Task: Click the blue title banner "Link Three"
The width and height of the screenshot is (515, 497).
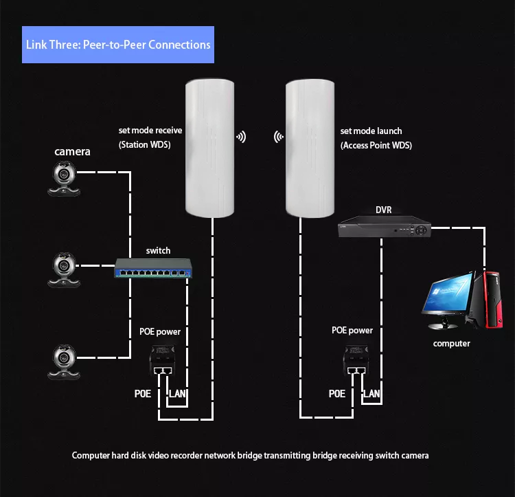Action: click(118, 45)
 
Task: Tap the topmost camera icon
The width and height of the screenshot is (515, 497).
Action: click(64, 179)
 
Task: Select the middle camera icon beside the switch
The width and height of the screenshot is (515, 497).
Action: click(64, 270)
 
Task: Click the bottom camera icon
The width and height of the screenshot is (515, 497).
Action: click(64, 362)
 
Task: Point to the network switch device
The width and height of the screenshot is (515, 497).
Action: click(153, 268)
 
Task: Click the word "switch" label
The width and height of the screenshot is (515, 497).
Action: click(158, 250)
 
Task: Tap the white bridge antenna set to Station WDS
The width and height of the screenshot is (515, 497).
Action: click(209, 148)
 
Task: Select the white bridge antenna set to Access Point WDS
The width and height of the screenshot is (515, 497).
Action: click(310, 148)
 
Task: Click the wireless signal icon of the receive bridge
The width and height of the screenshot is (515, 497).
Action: click(241, 137)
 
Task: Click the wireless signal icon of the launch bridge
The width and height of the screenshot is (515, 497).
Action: click(279, 137)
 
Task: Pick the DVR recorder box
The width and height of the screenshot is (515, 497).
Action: click(385, 226)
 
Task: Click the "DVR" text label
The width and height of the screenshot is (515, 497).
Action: click(384, 210)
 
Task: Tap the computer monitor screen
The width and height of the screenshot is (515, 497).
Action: click(448, 295)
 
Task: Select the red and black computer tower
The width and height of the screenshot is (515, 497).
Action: click(491, 300)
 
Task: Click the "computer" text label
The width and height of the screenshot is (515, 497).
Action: click(451, 344)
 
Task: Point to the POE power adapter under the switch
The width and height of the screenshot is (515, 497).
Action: click(162, 360)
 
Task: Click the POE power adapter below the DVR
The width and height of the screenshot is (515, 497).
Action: click(356, 360)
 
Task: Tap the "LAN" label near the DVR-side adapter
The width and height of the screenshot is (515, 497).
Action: click(371, 393)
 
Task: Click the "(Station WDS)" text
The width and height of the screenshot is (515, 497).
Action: click(144, 144)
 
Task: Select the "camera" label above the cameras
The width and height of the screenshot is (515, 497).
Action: click(72, 151)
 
